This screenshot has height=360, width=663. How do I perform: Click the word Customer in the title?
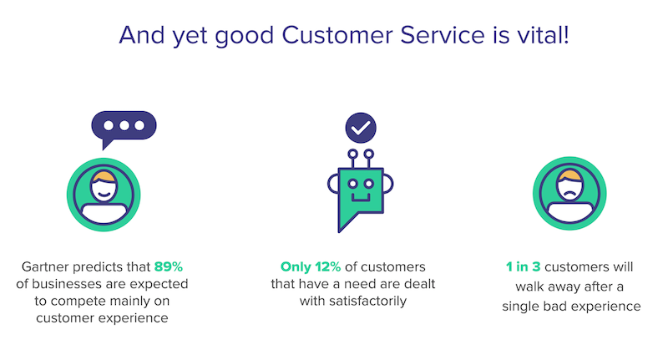337,35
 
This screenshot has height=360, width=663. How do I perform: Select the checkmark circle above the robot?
361,127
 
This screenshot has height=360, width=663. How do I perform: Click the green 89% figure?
169,267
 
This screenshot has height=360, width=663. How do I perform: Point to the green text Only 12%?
311,267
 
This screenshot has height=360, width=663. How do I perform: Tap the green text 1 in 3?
523,267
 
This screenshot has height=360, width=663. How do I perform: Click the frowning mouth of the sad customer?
569,194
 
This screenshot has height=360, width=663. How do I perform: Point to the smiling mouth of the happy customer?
104,195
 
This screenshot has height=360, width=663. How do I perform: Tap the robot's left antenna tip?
352,154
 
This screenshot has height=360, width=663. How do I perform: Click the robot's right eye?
369,184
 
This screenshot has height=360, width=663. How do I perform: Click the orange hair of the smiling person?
104,176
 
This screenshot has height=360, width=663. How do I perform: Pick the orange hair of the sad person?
569,175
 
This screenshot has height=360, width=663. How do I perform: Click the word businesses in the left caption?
67,284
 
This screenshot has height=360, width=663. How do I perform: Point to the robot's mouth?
361,198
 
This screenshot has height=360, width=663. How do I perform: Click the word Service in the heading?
443,35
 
